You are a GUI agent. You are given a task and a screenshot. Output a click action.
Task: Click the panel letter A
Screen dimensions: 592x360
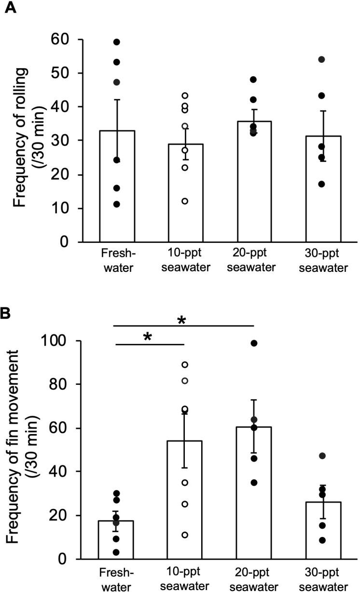10,8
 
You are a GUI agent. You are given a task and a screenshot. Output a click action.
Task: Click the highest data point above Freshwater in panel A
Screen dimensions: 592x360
116,42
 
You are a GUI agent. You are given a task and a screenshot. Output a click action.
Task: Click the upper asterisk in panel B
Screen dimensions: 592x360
182,320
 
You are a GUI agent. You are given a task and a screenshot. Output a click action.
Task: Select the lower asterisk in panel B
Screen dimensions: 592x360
148,337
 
